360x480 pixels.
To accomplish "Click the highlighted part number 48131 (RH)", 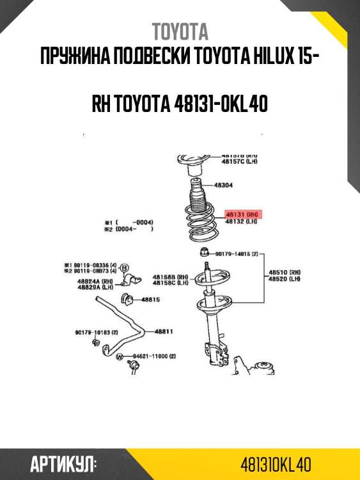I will [x=242, y=214].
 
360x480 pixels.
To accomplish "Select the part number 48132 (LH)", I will [x=241, y=221].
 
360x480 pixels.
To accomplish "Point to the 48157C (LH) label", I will [x=240, y=162].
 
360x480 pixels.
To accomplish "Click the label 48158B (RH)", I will [x=170, y=276].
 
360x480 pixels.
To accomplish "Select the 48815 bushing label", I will [x=150, y=299].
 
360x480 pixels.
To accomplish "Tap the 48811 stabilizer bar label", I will [x=164, y=332].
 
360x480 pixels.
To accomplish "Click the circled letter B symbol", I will [x=125, y=267].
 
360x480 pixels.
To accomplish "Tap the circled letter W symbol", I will [x=120, y=356].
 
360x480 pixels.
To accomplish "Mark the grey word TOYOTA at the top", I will [x=180, y=31].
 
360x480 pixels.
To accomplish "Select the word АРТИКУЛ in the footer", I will [x=63, y=464].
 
